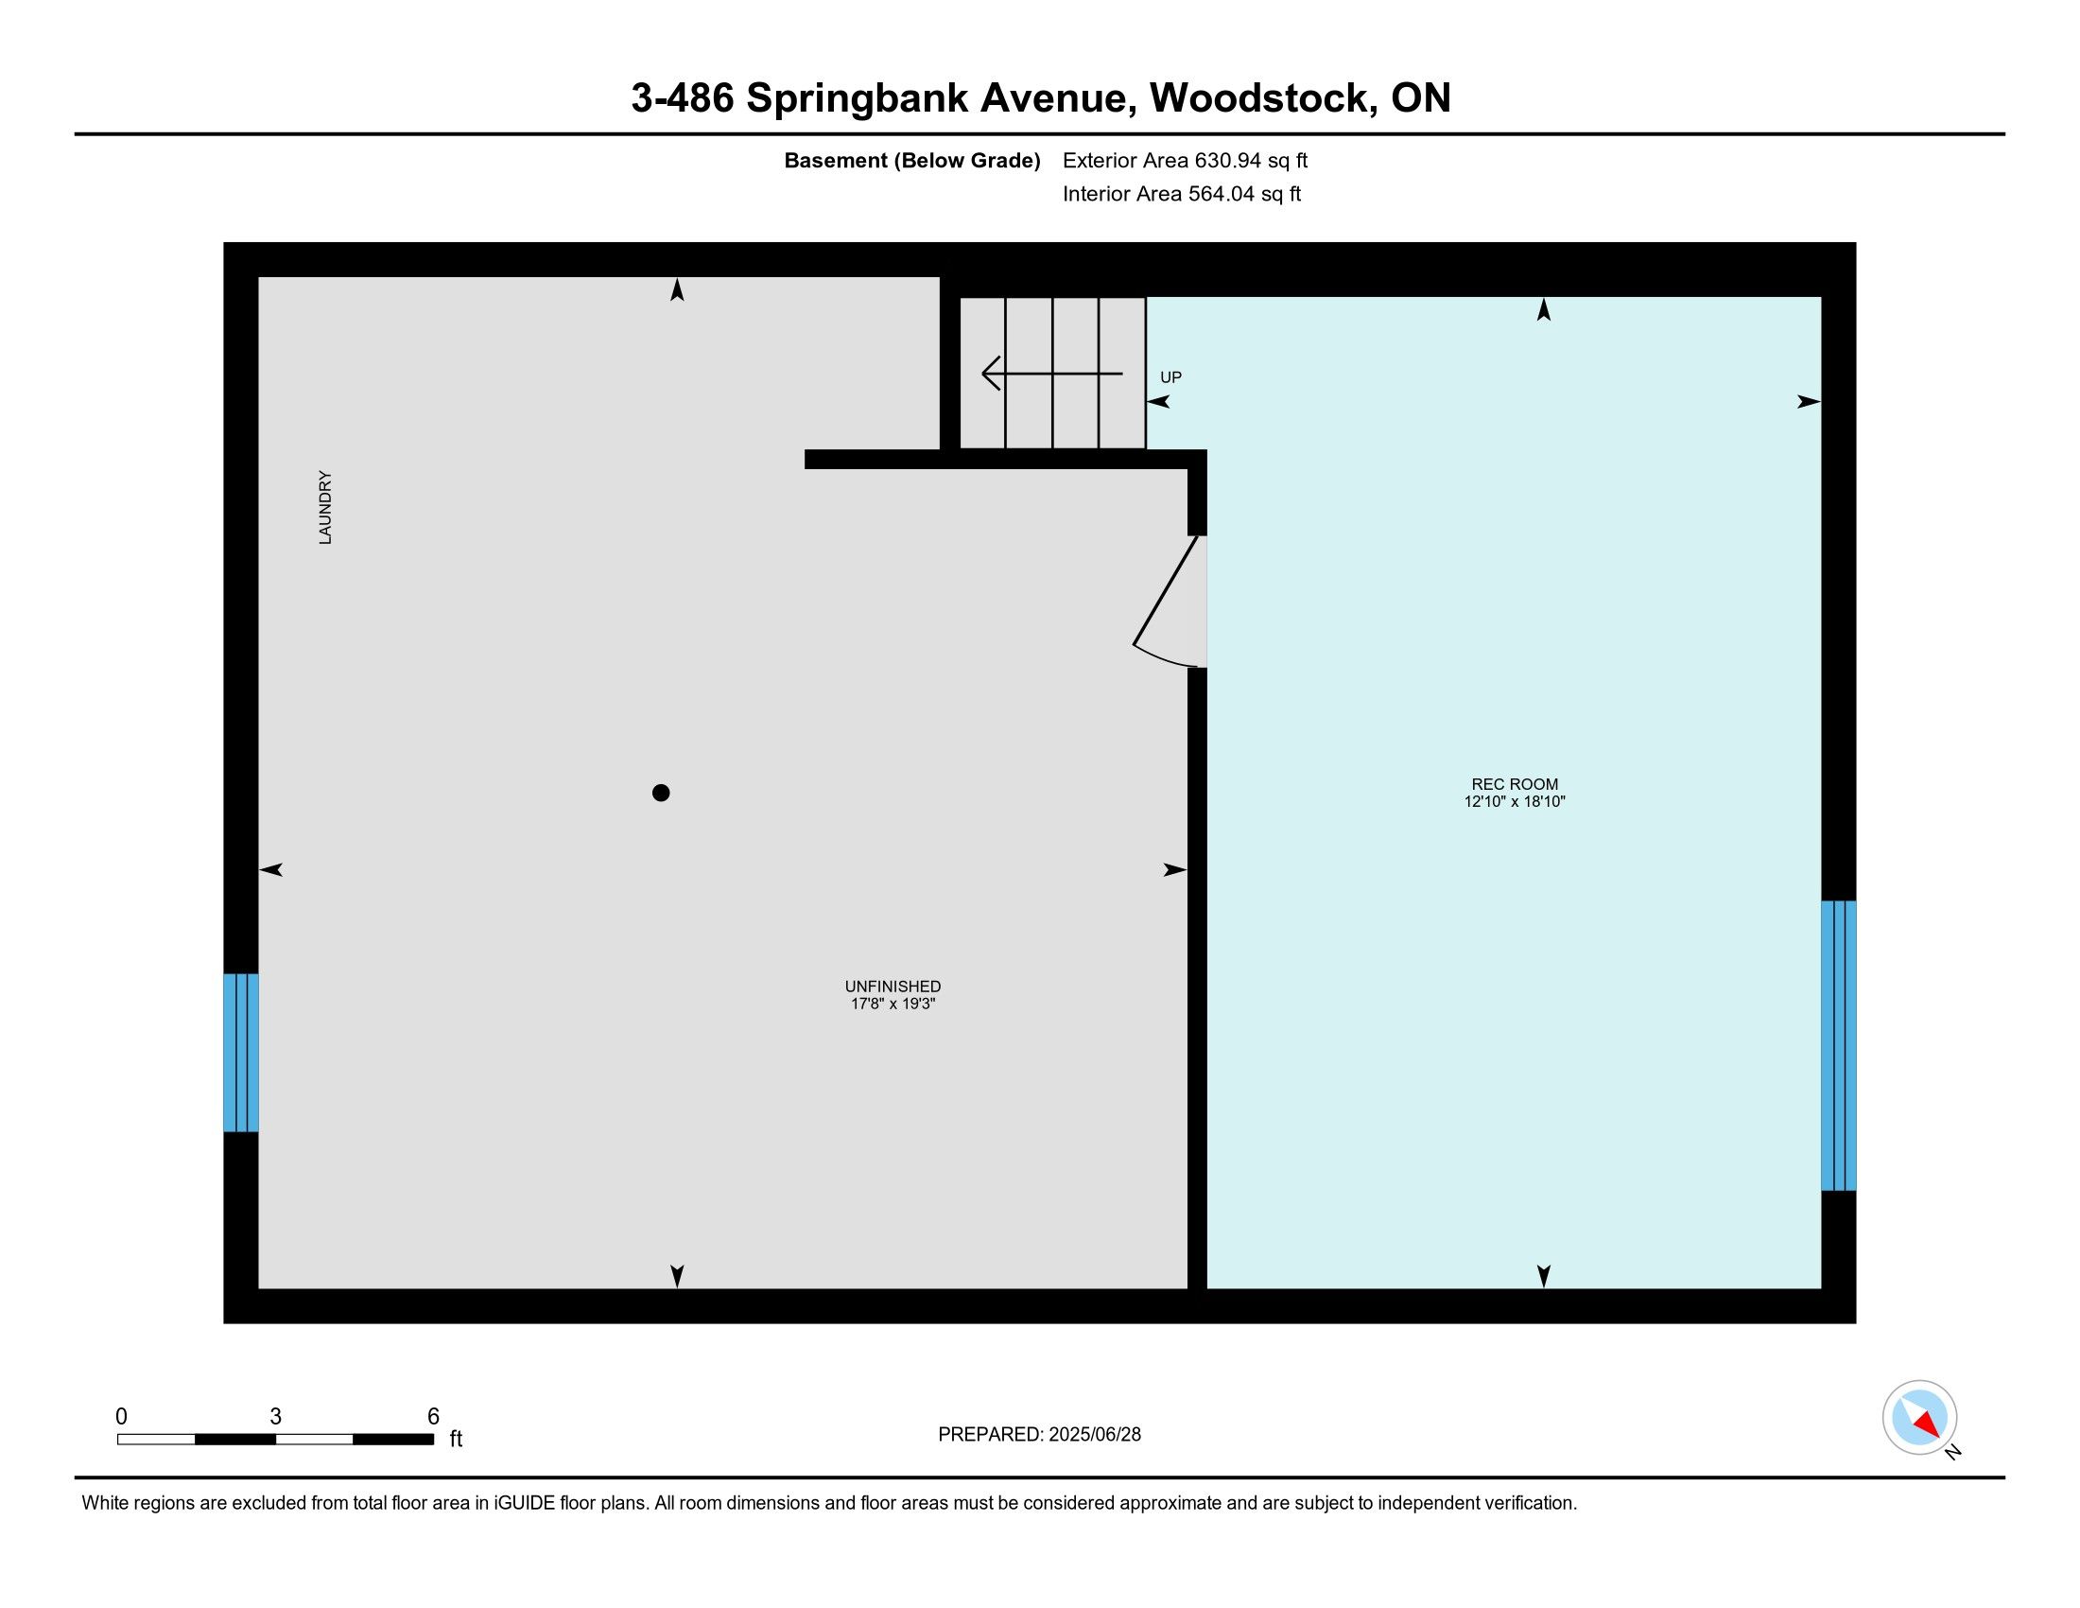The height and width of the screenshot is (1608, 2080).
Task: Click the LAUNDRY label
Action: click(324, 508)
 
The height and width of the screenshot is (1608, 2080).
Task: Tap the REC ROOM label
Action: click(1515, 785)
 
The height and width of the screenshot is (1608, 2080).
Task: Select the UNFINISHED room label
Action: click(893, 987)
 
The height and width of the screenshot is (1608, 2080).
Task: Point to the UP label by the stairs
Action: click(1170, 377)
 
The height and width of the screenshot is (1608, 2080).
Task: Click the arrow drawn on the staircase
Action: click(1051, 374)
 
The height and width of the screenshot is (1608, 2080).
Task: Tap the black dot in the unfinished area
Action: click(661, 793)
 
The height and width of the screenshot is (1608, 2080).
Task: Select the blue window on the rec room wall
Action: click(1838, 1045)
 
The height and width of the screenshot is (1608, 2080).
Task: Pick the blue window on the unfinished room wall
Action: click(241, 1053)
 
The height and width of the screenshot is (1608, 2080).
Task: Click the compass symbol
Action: click(1920, 1418)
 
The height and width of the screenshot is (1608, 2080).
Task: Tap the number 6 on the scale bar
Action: click(433, 1417)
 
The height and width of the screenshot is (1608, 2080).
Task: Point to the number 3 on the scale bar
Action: click(275, 1417)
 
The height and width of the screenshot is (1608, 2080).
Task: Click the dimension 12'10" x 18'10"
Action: click(1515, 802)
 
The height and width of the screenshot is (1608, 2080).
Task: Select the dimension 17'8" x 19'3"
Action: click(893, 1004)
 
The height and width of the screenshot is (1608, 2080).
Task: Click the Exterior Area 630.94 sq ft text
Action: click(1185, 161)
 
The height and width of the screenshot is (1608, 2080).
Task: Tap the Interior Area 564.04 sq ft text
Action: click(1181, 194)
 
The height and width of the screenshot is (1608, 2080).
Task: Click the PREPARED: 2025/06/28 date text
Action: click(1039, 1435)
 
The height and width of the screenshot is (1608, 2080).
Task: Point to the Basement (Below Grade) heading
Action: click(911, 161)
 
